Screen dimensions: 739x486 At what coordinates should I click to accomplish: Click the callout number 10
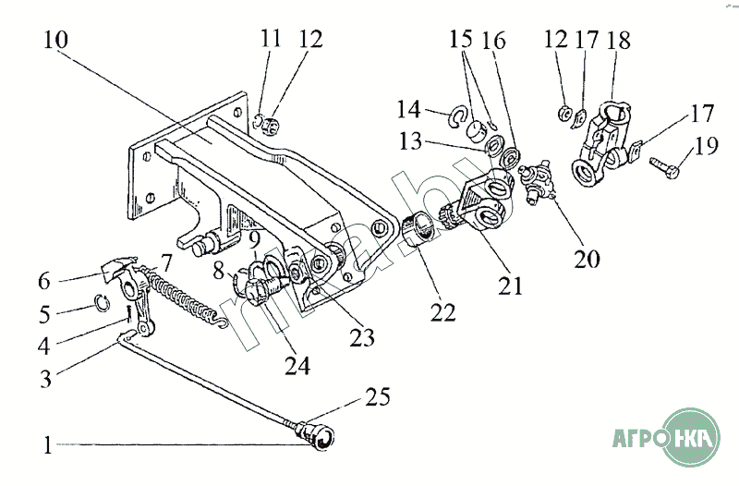point(56,40)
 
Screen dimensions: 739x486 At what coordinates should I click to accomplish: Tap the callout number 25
point(378,396)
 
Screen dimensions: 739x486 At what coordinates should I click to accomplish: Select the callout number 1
point(47,445)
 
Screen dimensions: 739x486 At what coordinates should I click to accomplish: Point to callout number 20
point(587,259)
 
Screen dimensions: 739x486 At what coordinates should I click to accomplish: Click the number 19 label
point(706,145)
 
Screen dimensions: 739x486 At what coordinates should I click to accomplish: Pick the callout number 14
point(408,109)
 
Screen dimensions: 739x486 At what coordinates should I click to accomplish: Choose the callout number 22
point(442,312)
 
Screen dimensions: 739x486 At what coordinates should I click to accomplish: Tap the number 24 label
point(297,366)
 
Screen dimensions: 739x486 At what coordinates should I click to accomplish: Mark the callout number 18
point(618,41)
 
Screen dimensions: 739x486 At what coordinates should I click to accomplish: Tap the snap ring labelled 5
point(102,303)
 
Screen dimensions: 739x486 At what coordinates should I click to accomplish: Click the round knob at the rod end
point(321,437)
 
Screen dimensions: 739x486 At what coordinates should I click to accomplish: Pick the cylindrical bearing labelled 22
point(418,228)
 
